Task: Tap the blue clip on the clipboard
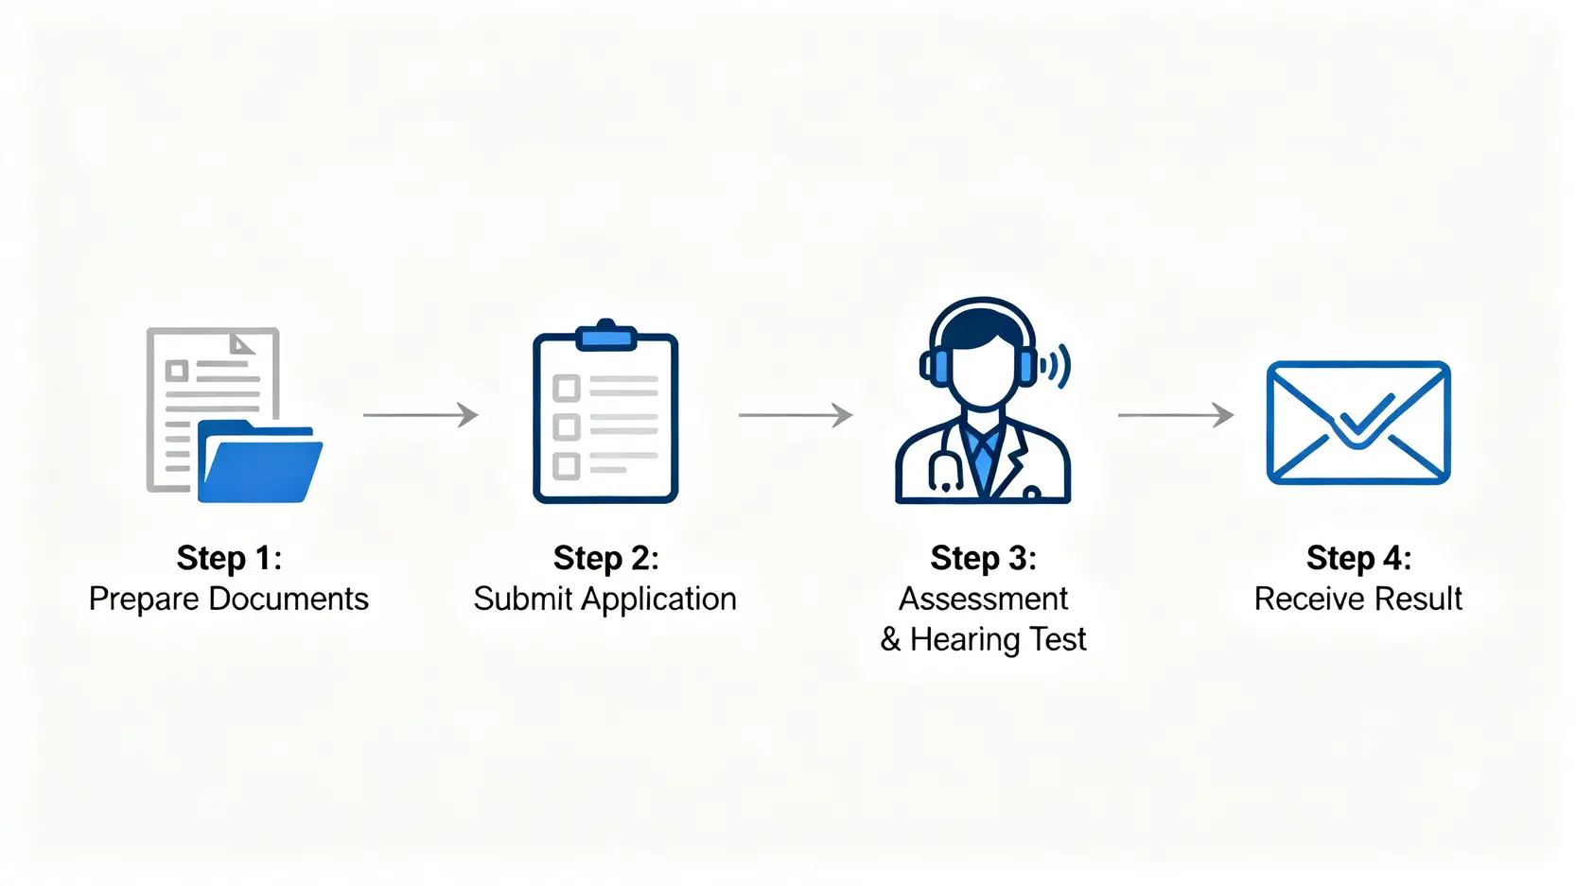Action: click(x=606, y=337)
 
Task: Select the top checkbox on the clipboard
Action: click(x=566, y=389)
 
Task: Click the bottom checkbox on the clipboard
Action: click(x=566, y=466)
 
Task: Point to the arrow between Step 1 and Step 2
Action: click(x=421, y=415)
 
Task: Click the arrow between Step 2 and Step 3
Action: click(x=796, y=415)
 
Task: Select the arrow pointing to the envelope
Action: click(x=1176, y=415)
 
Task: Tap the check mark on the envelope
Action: click(x=1360, y=419)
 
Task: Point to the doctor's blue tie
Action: click(x=983, y=458)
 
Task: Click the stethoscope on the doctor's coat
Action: click(x=944, y=470)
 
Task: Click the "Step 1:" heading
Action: click(x=229, y=558)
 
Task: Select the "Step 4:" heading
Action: click(x=1358, y=558)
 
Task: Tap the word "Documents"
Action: click(x=289, y=599)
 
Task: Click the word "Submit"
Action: click(x=523, y=599)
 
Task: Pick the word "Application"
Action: click(x=658, y=599)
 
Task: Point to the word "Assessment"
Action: click(x=983, y=599)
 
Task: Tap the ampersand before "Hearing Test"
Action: click(x=890, y=640)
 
